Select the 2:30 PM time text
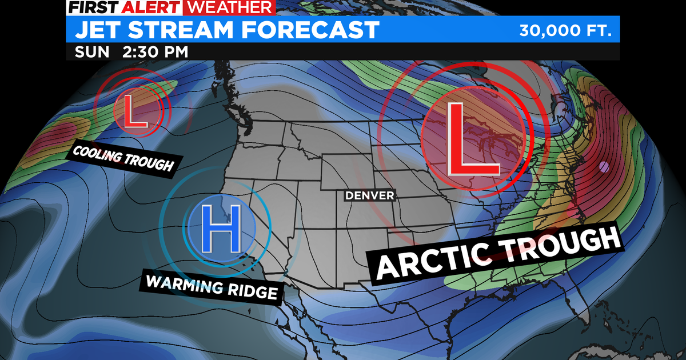tap(155, 51)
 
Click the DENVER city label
tap(370, 195)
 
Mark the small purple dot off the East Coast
tap(604, 167)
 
